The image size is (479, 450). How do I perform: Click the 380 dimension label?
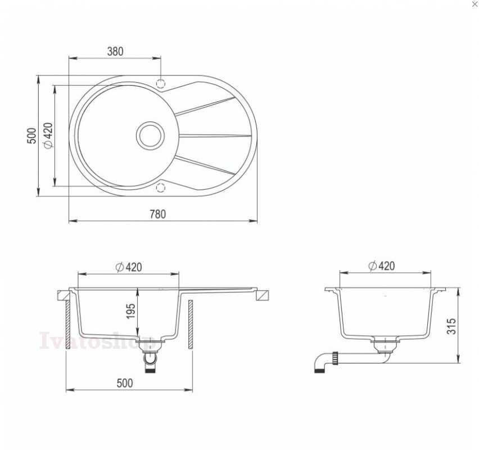tap(115, 51)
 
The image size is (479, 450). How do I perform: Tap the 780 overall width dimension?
tap(157, 214)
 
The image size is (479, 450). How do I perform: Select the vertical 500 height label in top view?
tap(31, 136)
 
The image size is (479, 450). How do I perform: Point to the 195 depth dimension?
tap(131, 311)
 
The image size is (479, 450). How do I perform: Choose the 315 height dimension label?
tap(451, 326)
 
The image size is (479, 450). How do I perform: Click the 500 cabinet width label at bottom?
tap(125, 383)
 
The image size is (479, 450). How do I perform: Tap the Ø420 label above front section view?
tap(129, 267)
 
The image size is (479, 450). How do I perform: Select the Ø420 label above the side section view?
tap(382, 265)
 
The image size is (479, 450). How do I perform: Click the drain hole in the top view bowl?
tap(150, 136)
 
